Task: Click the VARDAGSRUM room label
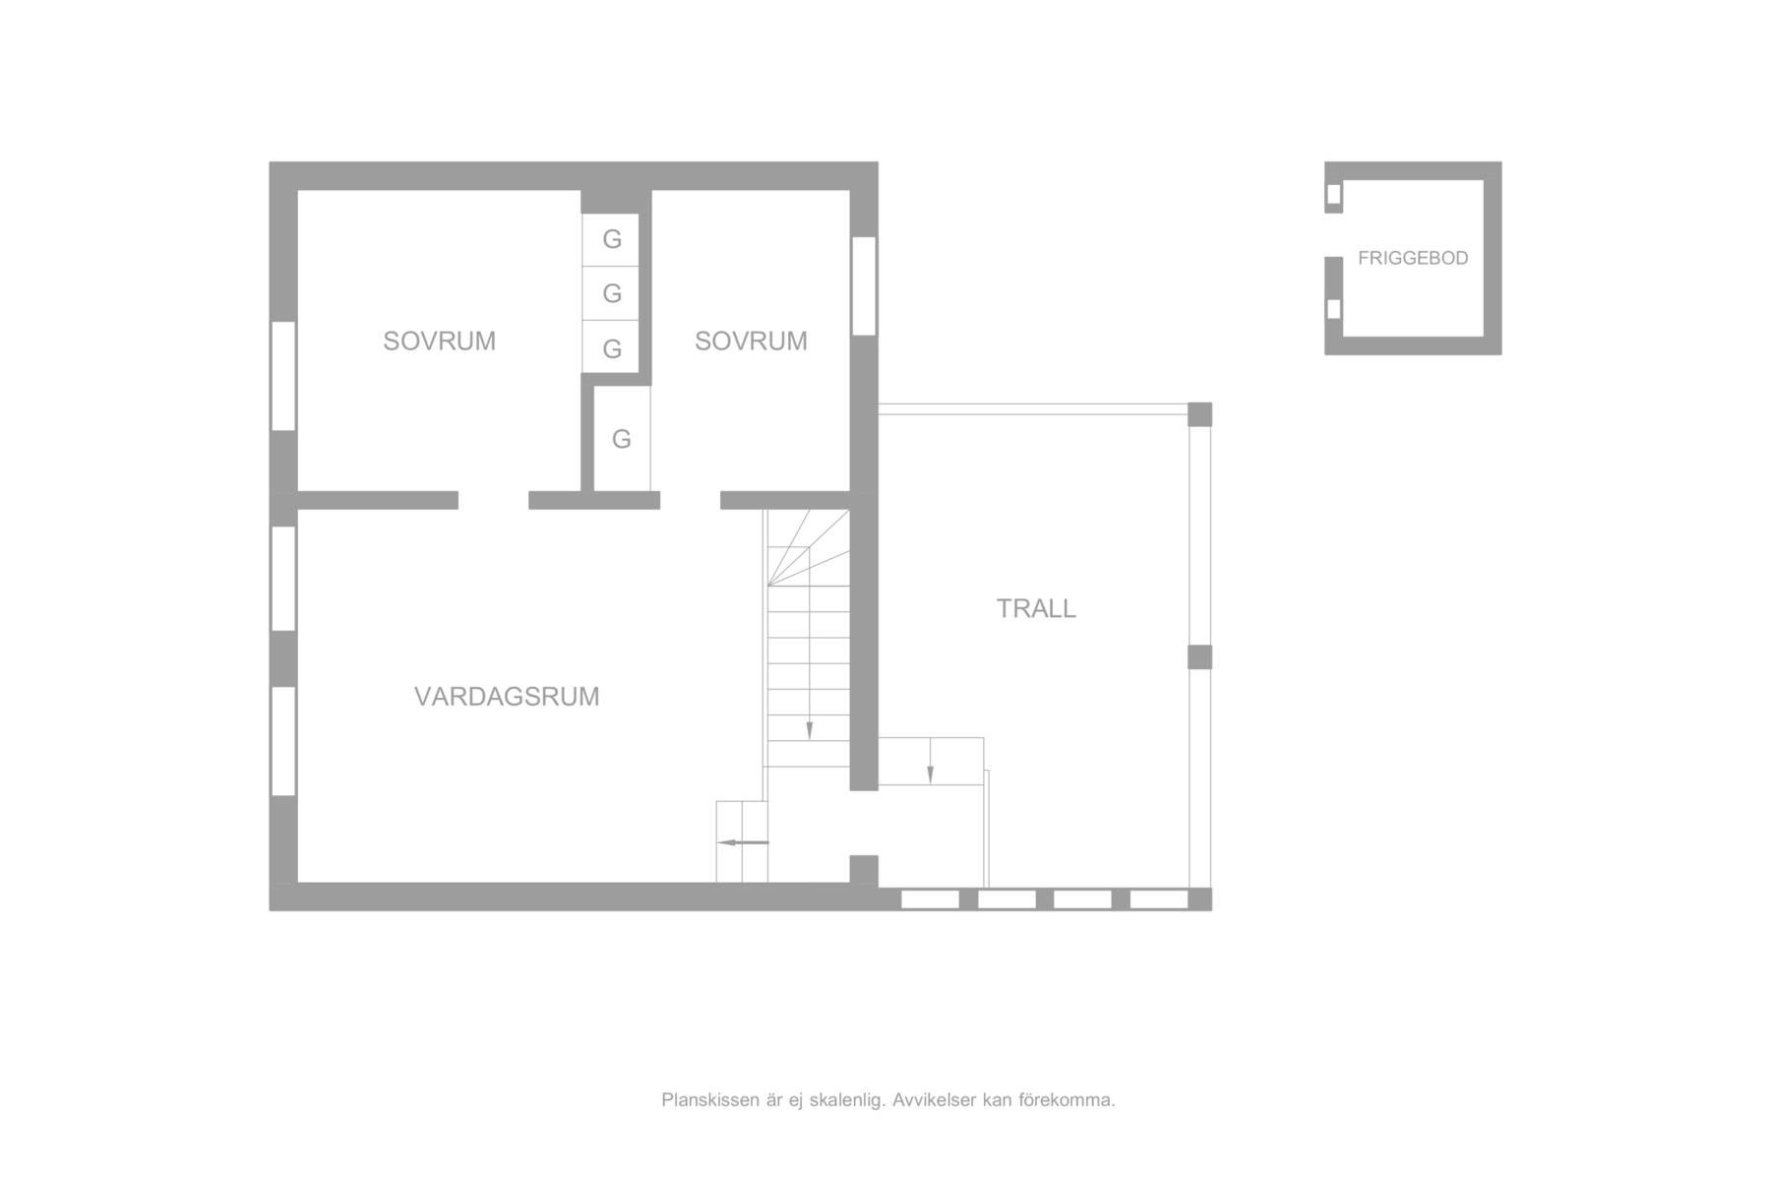point(507,697)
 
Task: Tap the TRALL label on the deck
point(1036,609)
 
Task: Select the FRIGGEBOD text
point(1413,258)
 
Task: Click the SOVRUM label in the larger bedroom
point(439,342)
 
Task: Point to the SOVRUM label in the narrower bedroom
point(751,342)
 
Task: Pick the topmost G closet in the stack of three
point(611,239)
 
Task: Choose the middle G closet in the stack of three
point(611,293)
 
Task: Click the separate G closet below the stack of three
point(622,439)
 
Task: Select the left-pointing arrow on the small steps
point(743,842)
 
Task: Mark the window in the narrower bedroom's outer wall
point(864,285)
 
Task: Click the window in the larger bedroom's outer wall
point(283,376)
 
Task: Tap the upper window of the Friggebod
point(1333,195)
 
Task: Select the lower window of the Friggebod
point(1333,309)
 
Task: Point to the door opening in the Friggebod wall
point(1333,235)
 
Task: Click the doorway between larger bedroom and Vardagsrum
point(493,500)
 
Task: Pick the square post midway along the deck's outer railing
point(1199,657)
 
